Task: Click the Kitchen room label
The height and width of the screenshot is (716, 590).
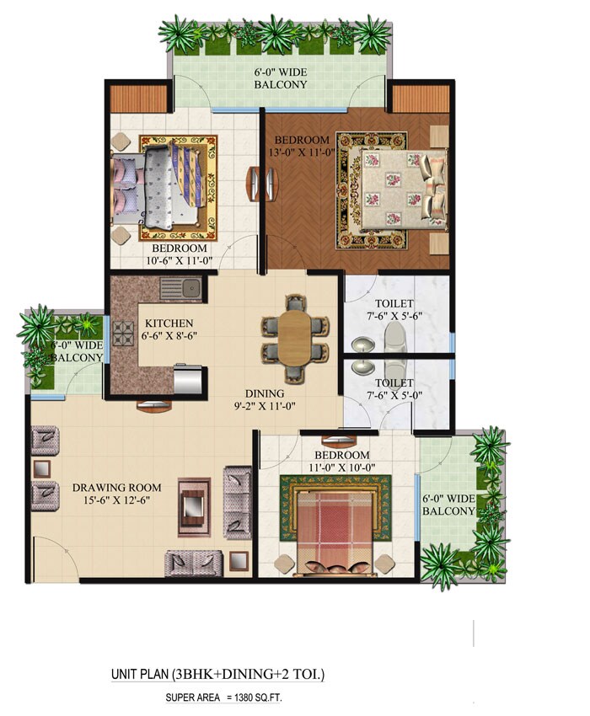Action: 169,323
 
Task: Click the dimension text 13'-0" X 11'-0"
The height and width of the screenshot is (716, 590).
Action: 301,152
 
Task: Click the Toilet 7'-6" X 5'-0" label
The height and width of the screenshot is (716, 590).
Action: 394,388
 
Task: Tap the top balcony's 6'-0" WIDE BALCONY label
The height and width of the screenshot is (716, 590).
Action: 281,78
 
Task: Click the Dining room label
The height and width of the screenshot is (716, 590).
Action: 265,393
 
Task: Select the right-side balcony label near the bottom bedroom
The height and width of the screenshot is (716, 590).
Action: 448,505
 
